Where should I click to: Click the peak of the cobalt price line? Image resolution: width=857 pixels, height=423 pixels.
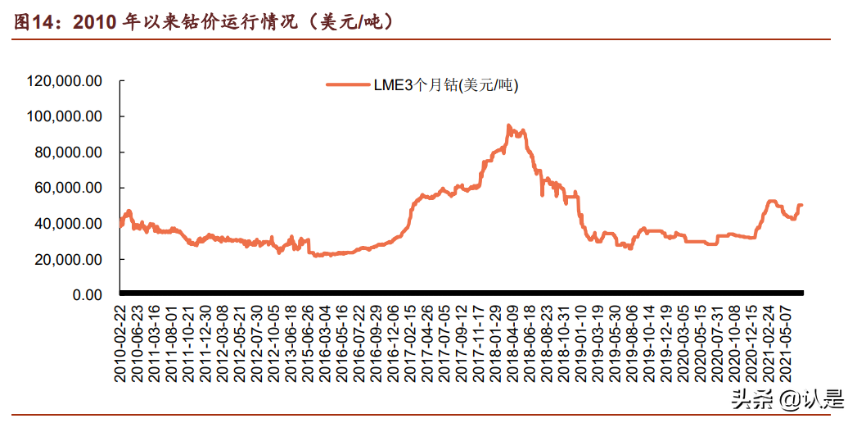click(508, 125)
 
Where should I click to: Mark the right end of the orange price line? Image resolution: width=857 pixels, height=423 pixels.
click(802, 205)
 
